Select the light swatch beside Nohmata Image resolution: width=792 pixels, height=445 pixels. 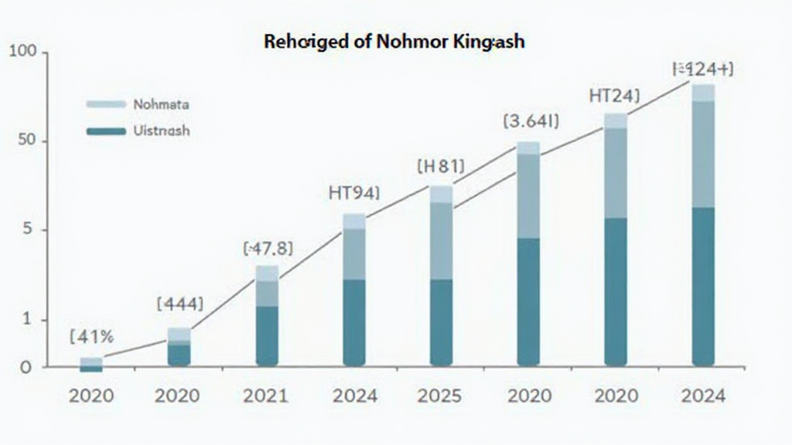point(106,104)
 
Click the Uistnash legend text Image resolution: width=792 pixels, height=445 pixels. point(162,131)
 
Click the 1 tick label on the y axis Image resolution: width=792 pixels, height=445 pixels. point(28,319)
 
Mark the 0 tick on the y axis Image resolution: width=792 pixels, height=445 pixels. point(26,367)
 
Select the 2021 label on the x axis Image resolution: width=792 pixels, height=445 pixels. point(266,396)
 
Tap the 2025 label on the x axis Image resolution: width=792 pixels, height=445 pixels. point(439,396)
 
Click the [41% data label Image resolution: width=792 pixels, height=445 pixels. point(91,337)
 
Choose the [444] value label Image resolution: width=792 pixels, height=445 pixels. point(180,304)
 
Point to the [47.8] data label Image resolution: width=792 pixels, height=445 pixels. point(268,249)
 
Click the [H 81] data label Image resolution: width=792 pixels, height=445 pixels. point(440,165)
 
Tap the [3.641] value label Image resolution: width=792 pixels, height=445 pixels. point(531,121)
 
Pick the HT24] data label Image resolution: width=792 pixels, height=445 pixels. point(615,96)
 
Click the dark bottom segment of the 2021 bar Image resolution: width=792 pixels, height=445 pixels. point(267,335)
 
